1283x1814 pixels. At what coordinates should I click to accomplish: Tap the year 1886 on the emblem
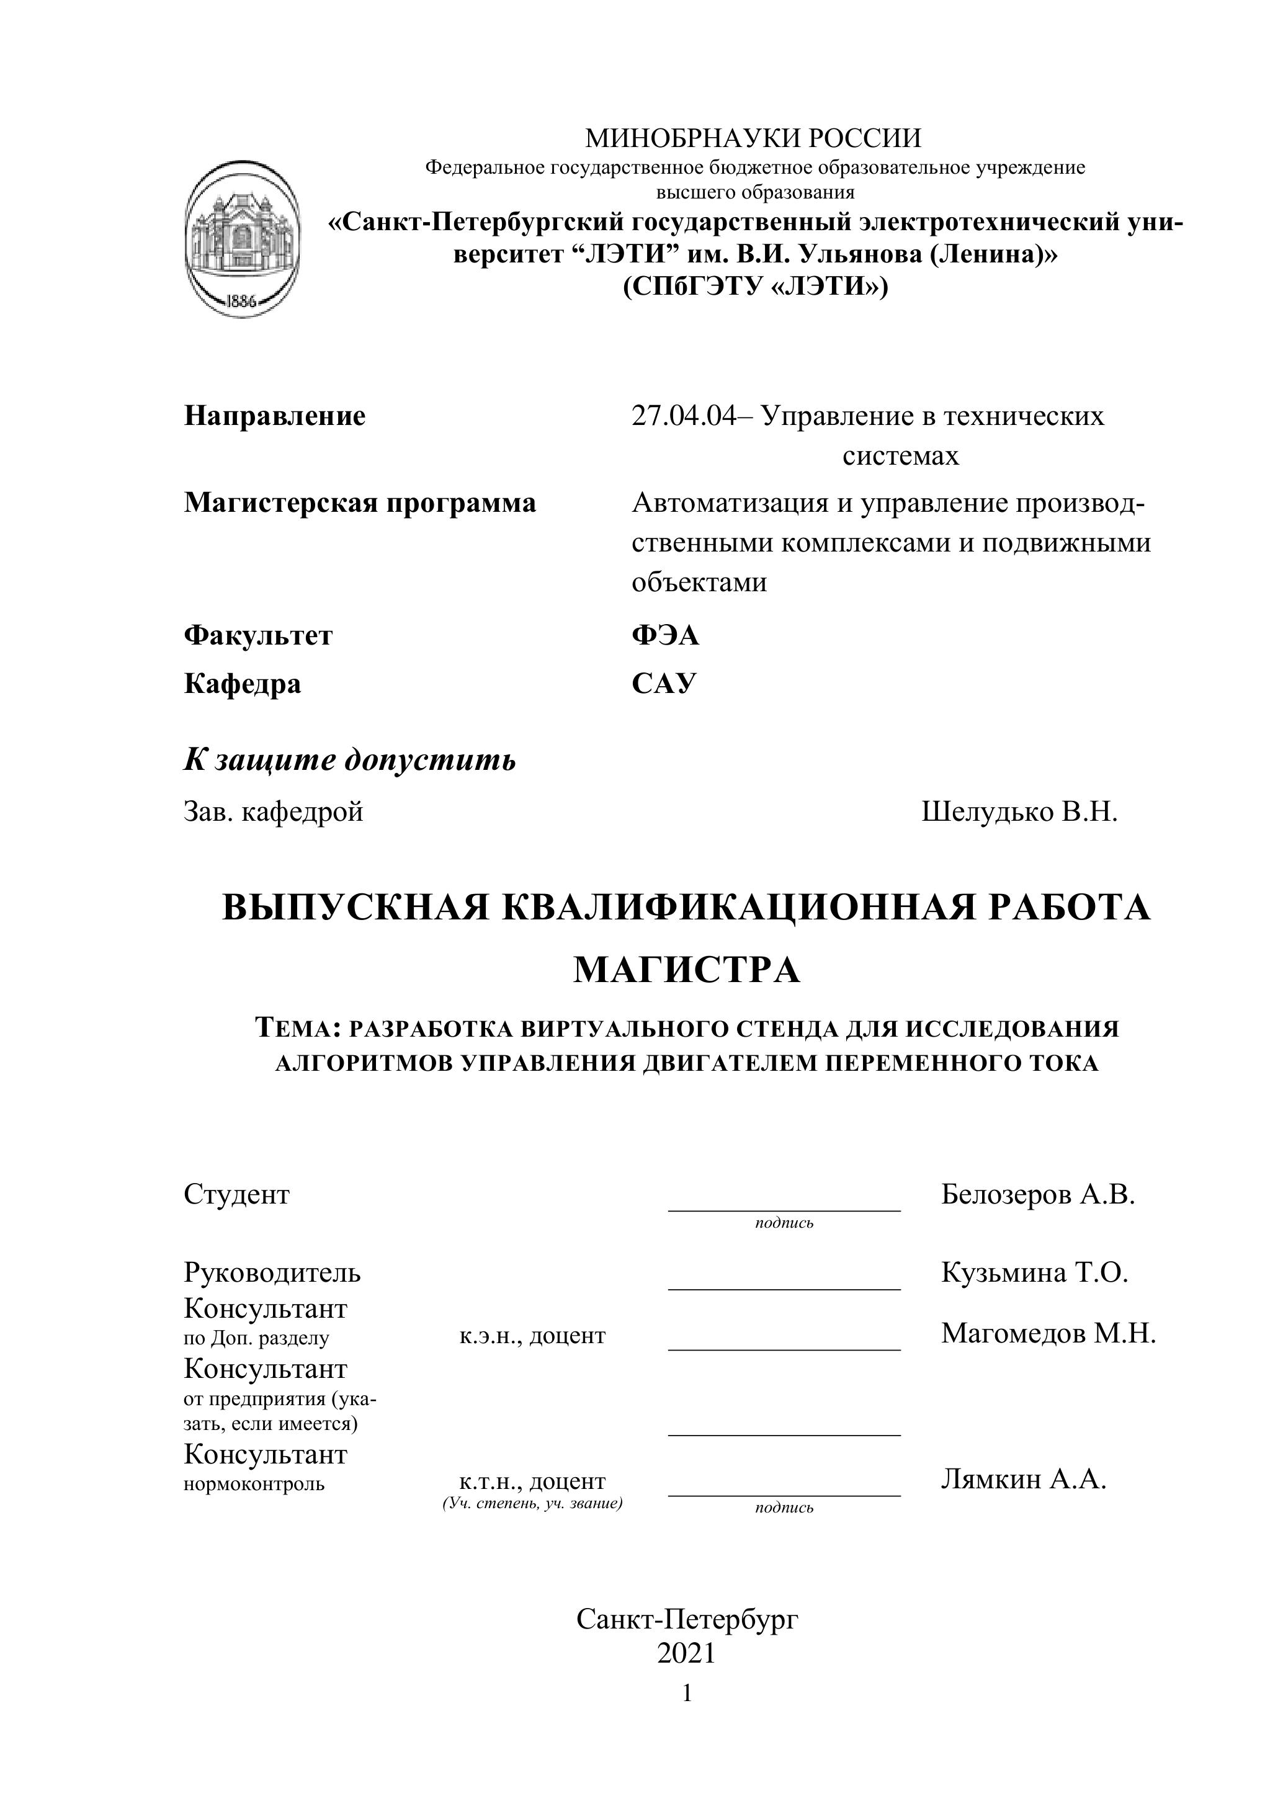[x=242, y=301]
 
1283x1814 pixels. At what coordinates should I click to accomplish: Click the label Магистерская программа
[x=359, y=503]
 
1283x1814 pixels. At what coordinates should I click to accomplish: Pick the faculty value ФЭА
[x=665, y=635]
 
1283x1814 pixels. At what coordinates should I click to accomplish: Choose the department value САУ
[x=664, y=682]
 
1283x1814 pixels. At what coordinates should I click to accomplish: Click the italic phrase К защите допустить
[x=350, y=760]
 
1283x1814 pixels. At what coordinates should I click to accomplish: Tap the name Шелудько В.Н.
[x=1019, y=811]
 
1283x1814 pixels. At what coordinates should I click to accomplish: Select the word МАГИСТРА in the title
[x=687, y=970]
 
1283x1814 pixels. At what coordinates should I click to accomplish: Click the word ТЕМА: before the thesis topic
[x=297, y=1028]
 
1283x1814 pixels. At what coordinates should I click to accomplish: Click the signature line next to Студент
[x=784, y=1208]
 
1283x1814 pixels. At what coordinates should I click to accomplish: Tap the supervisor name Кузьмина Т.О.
[x=1034, y=1272]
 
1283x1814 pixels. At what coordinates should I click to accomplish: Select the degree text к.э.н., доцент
[x=532, y=1335]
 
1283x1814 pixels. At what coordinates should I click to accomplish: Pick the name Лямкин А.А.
[x=1023, y=1479]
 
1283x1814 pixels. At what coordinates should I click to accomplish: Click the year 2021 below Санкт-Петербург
[x=686, y=1653]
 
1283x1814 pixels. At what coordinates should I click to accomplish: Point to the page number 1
[x=687, y=1692]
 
